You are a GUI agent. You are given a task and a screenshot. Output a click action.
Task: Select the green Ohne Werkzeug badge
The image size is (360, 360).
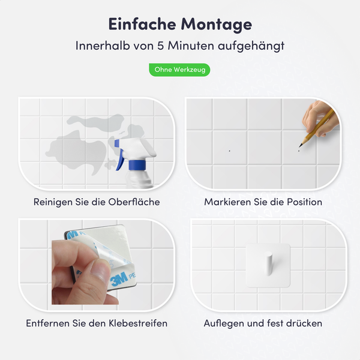[180, 70]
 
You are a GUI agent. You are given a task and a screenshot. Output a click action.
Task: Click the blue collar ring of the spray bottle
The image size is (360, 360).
[137, 164]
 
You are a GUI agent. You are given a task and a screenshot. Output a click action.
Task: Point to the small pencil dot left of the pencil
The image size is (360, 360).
[229, 149]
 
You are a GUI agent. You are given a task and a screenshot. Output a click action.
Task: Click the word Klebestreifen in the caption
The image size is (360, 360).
[136, 323]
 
